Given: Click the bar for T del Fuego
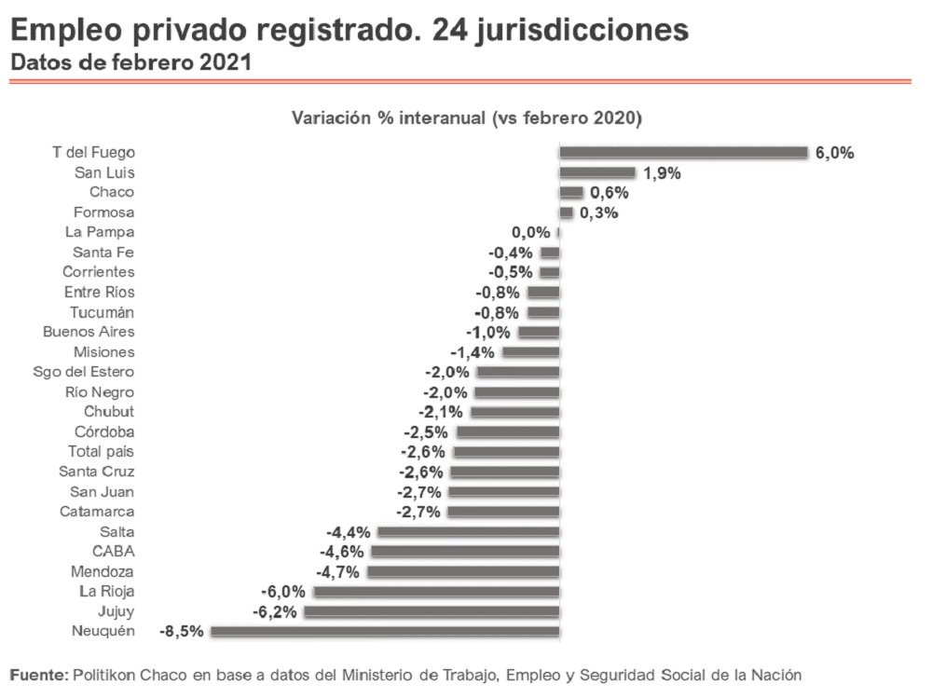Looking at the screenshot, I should tap(683, 152).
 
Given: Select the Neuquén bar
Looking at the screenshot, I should tap(385, 631).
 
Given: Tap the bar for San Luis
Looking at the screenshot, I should tap(597, 172).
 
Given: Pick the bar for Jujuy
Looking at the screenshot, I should tap(432, 611).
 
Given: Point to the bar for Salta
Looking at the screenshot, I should tap(469, 531).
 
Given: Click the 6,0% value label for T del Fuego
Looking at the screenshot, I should tap(834, 153).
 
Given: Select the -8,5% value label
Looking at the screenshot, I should tap(182, 632).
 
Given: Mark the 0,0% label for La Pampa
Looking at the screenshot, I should tap(530, 232).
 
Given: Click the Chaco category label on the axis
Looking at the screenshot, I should tap(112, 192).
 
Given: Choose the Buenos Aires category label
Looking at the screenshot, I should tap(89, 332).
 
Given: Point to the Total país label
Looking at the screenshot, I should tap(101, 451).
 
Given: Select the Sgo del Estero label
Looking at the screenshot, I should tap(84, 372).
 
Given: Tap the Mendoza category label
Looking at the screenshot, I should tap(103, 571).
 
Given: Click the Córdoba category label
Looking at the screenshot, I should tap(104, 432).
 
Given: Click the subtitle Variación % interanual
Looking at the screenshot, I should tap(468, 118).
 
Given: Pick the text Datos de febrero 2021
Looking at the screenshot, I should tap(130, 63).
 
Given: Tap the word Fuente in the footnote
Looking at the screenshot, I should tap(38, 674).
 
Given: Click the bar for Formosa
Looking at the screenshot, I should tap(566, 212).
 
